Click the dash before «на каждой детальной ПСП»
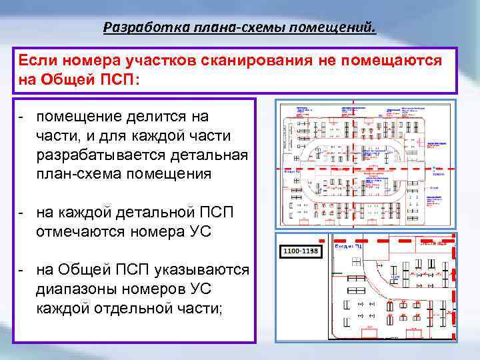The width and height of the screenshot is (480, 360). tap(22, 213)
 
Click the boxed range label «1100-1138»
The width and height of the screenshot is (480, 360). tap(302, 251)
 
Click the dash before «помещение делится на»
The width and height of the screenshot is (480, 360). tap(22, 117)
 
